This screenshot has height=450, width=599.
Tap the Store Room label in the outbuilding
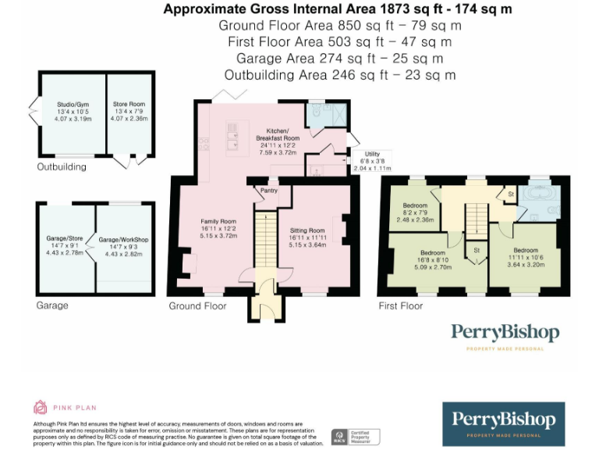(x=129, y=104)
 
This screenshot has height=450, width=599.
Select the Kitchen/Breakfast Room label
(x=278, y=134)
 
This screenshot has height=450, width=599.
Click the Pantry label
(x=269, y=190)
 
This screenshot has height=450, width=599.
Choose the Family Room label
(x=218, y=222)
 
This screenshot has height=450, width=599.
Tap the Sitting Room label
(x=307, y=231)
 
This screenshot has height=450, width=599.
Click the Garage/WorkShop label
(x=123, y=240)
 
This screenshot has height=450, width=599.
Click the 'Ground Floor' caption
(x=197, y=305)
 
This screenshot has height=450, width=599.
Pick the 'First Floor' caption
(x=400, y=305)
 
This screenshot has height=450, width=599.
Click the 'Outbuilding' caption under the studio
(x=63, y=167)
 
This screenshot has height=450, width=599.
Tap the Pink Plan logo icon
(x=40, y=407)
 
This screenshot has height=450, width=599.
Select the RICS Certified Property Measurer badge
(x=356, y=437)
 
